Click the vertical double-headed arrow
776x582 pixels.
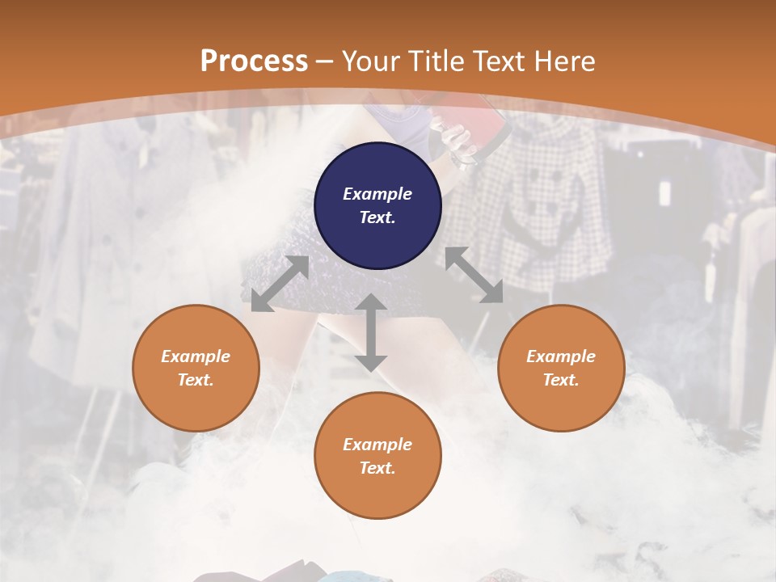click(x=371, y=332)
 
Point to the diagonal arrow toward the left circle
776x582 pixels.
click(x=280, y=284)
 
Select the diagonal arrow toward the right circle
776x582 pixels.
click(x=474, y=275)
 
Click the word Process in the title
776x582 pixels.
click(x=254, y=61)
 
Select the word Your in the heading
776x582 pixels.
click(x=371, y=61)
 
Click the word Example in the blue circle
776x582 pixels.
click(x=377, y=194)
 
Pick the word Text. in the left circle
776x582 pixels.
click(x=196, y=380)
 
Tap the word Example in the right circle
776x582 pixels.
click(x=561, y=356)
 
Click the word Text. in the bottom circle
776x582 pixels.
click(x=377, y=468)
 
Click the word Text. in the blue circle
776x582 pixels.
click(x=377, y=217)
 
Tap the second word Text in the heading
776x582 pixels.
click(x=499, y=61)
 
